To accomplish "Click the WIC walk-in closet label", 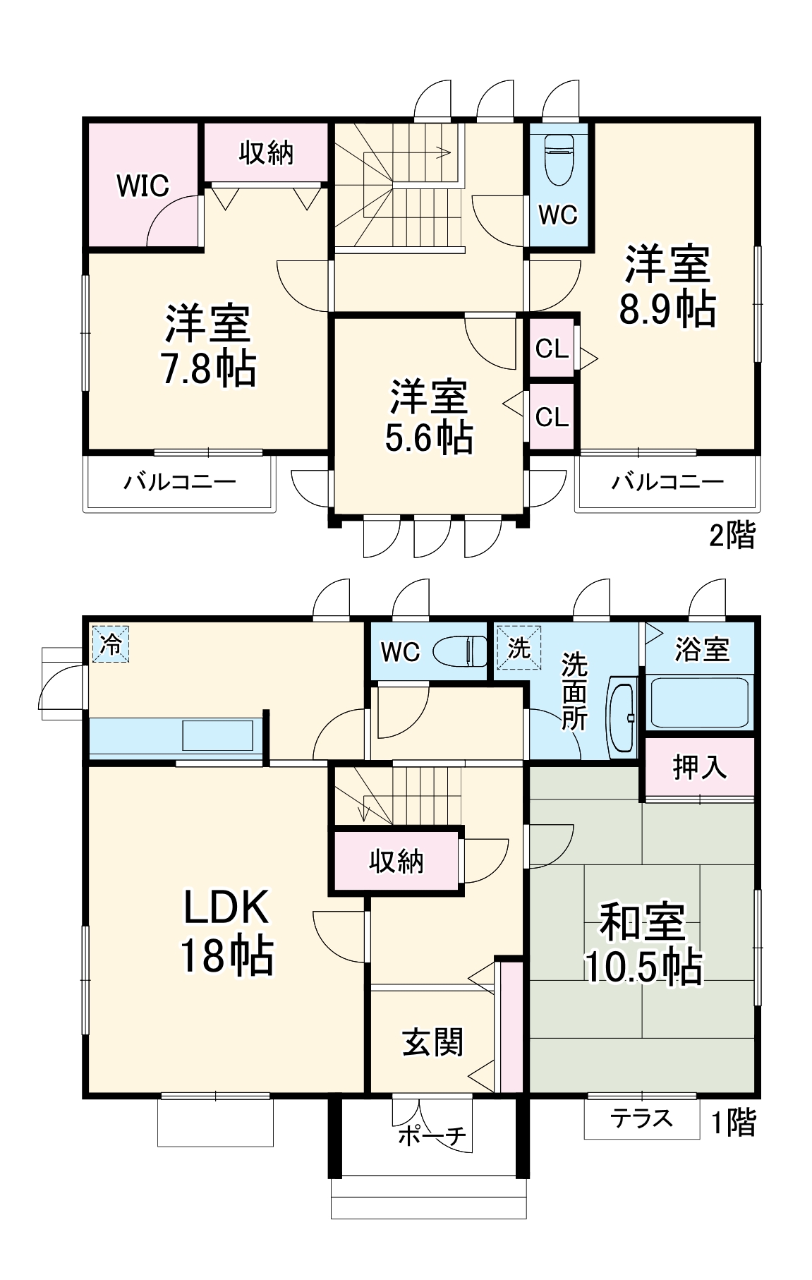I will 143,186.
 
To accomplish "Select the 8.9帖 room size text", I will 667,309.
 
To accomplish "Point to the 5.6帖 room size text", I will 429,438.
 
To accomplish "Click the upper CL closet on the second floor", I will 552,349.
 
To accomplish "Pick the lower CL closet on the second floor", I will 552,417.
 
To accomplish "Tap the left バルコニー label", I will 180,483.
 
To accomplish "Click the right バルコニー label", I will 667,483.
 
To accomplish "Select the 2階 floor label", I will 732,536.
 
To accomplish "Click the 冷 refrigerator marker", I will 111,645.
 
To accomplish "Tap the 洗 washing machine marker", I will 519,647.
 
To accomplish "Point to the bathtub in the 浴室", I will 698,702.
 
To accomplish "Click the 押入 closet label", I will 698,767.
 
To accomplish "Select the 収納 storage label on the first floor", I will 396,862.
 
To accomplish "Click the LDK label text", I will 226,908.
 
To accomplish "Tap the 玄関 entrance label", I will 432,1042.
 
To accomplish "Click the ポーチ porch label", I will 432,1136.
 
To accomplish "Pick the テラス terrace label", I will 641,1118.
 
